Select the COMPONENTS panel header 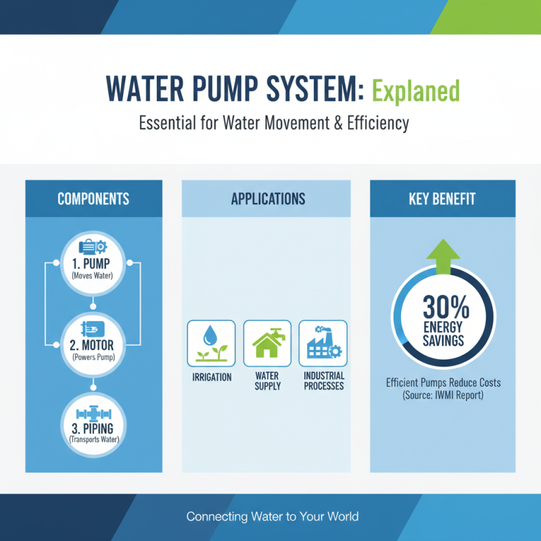(x=93, y=199)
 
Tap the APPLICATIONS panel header (x=268, y=199)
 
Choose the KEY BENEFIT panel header (x=442, y=199)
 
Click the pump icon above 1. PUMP (x=93, y=247)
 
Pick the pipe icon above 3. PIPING (x=93, y=413)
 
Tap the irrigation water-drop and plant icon (x=211, y=342)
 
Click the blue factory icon (x=323, y=342)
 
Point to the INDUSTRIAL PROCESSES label (x=324, y=381)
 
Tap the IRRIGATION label (x=212, y=377)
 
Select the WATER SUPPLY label (x=267, y=381)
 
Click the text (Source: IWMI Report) (x=443, y=395)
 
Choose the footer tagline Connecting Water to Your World (x=272, y=517)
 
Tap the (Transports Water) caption (x=93, y=440)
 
